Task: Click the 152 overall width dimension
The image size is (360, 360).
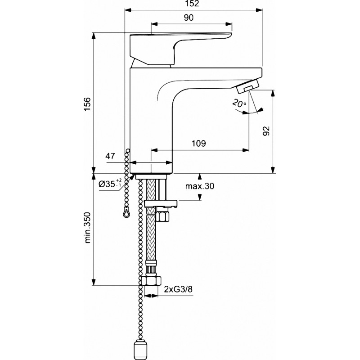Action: [193, 4]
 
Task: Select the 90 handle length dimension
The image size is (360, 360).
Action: [189, 18]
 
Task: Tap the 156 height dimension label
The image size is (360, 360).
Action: [87, 104]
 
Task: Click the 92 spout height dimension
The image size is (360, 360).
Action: [266, 131]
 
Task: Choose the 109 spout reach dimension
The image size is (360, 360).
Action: [199, 144]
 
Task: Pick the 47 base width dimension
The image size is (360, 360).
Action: [110, 156]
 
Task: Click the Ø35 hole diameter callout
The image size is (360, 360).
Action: [110, 183]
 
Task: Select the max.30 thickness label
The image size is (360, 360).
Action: [199, 186]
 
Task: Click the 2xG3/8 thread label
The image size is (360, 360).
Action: [178, 289]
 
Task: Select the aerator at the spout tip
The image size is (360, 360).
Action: [248, 86]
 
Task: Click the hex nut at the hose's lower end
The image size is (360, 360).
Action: [151, 280]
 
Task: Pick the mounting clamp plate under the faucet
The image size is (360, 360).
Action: [161, 204]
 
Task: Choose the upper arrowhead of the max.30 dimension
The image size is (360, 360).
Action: [200, 176]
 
